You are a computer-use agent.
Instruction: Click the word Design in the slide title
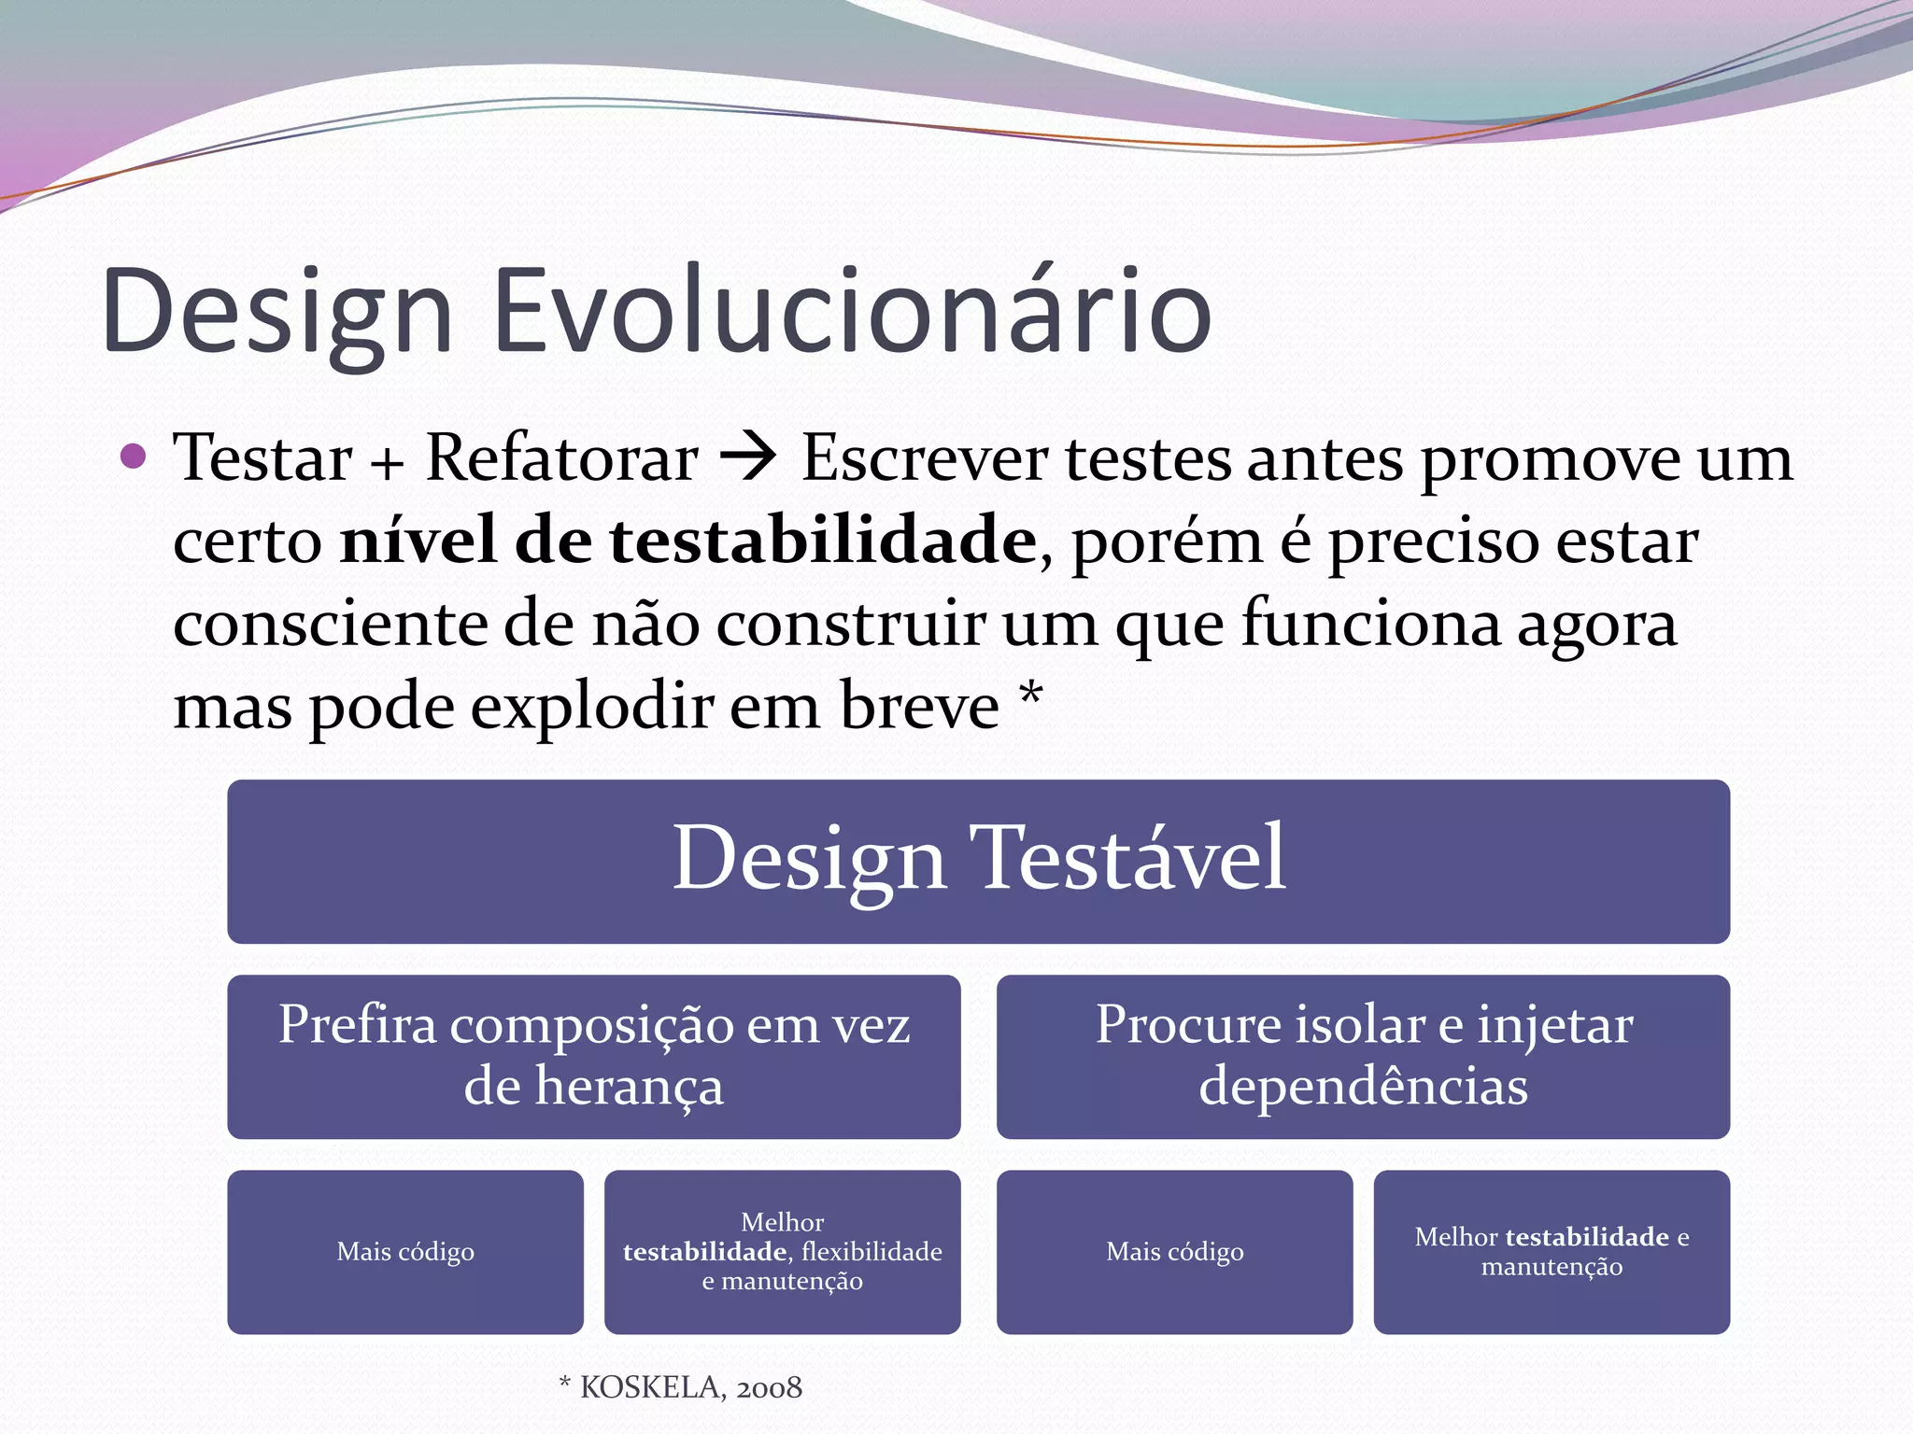277,313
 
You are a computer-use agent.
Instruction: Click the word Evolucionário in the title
851,313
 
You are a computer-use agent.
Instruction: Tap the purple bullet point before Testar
135,456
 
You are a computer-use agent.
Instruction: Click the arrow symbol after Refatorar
748,457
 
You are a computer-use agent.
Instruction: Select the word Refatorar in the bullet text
561,458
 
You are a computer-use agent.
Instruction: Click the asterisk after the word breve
1031,695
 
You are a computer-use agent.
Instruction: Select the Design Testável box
978,861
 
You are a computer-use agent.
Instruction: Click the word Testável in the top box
1128,859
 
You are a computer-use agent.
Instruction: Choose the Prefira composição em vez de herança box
593,1056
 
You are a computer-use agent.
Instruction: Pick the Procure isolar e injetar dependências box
1363,1056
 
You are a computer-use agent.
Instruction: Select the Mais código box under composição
405,1252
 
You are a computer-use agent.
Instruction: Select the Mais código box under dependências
1174,1252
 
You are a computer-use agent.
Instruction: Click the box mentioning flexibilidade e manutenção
782,1252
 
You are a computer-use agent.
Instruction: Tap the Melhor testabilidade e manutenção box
1552,1252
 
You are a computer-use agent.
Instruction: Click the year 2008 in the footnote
769,1388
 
